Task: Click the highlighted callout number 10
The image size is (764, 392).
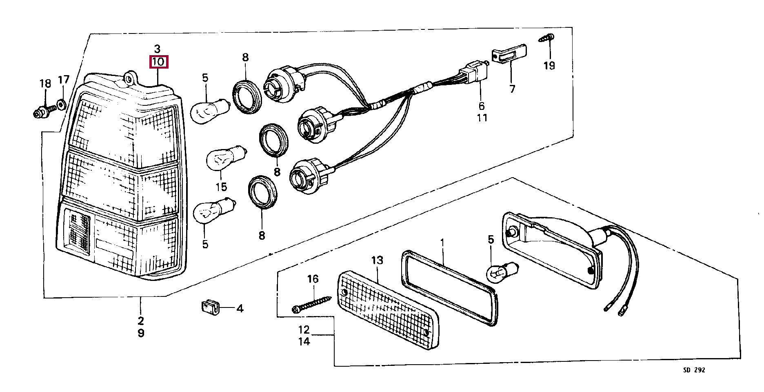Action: tap(158, 62)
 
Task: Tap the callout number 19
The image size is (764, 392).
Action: tap(549, 65)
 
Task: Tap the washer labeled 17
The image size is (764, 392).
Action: tap(61, 104)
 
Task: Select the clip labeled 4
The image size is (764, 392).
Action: tap(209, 307)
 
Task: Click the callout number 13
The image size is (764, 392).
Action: tap(377, 260)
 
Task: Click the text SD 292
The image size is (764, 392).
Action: tap(694, 370)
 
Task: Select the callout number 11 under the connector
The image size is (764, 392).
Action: tap(482, 118)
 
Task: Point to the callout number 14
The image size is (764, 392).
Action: tap(304, 341)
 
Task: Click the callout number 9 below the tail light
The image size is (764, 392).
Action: tap(141, 333)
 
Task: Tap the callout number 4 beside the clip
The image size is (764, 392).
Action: tap(240, 309)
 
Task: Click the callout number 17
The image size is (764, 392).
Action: tap(64, 80)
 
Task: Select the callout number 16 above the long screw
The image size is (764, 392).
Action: tap(313, 279)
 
